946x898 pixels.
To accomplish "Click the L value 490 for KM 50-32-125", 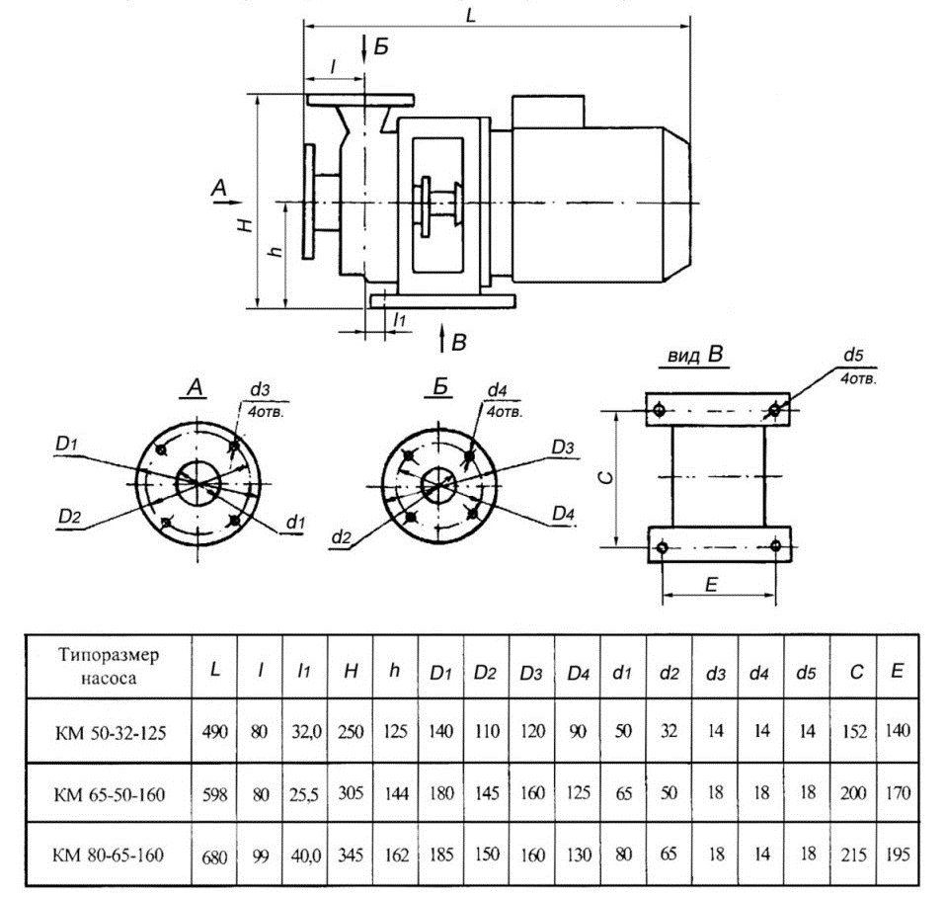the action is (x=215, y=731).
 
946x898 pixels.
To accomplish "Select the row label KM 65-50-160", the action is (x=110, y=794).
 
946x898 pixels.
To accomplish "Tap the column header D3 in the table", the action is (x=531, y=673).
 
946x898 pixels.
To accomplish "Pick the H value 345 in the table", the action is (x=351, y=855).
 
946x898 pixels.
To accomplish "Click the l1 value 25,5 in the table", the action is (x=304, y=795).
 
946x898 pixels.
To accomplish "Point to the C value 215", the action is (x=853, y=856).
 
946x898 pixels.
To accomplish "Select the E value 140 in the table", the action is (x=898, y=730).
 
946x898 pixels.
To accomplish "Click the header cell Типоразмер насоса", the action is (x=109, y=666).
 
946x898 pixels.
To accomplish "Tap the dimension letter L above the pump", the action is (x=471, y=16).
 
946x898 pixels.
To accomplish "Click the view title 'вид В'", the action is (x=695, y=355).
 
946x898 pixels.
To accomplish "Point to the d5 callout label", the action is (x=853, y=355).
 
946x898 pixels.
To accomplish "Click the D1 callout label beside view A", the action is (x=66, y=445).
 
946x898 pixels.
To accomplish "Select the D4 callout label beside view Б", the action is (x=563, y=514).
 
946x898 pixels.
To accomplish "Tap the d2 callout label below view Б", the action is (x=341, y=536).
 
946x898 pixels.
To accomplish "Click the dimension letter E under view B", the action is (x=711, y=584).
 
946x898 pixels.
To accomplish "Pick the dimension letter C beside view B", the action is (x=607, y=477).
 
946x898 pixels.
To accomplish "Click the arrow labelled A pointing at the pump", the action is (x=228, y=203).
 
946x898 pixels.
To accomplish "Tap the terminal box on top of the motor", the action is (x=548, y=112).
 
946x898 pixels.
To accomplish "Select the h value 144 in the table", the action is (x=396, y=793).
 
